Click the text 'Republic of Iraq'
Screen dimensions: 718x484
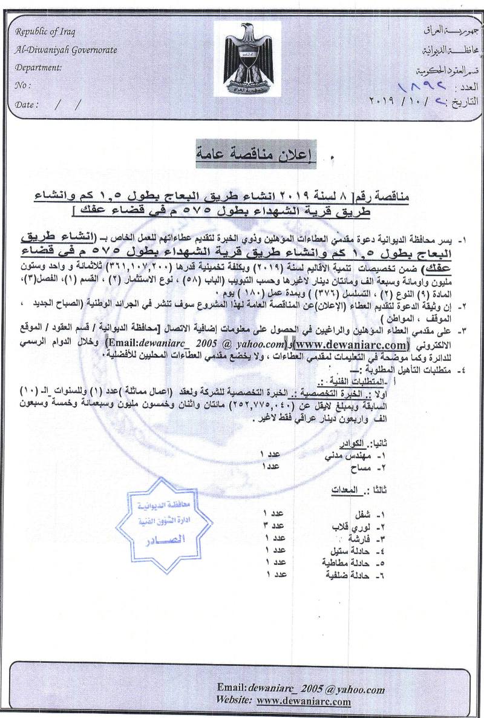(45, 33)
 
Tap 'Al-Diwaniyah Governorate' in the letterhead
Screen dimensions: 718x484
(67, 50)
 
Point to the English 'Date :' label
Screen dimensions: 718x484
(27, 104)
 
